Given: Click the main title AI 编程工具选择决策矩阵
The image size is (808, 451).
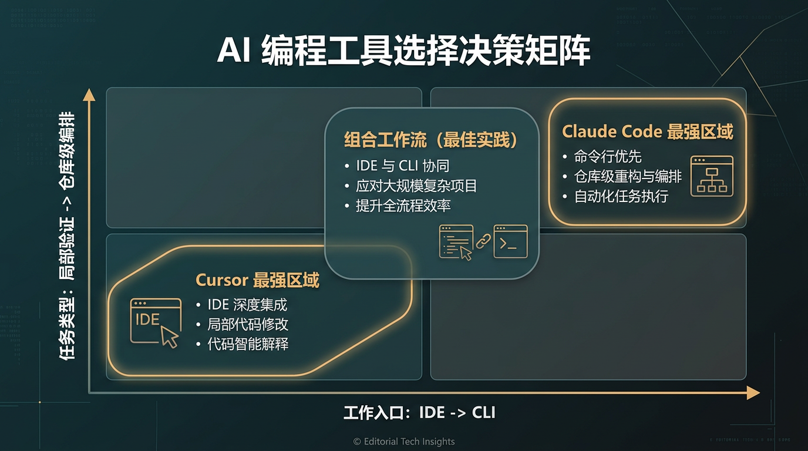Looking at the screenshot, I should click(403, 52).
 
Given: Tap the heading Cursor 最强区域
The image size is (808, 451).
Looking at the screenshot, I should click(257, 280).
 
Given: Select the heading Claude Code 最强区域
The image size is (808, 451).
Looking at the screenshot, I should click(647, 132).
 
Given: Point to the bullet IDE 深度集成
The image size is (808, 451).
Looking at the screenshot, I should click(247, 305).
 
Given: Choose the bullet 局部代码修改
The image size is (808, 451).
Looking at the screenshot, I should click(248, 324).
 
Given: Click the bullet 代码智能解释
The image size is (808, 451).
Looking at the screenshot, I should click(248, 344).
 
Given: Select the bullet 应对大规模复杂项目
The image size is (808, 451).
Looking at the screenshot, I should click(416, 186).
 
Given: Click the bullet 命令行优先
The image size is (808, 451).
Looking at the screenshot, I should click(608, 157).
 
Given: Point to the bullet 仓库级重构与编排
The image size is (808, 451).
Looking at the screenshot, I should click(628, 176).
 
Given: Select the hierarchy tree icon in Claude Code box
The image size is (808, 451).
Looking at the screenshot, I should click(712, 176).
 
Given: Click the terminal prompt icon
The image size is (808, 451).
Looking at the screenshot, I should click(510, 241).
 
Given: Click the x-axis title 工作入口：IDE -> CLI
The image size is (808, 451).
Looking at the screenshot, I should click(419, 412).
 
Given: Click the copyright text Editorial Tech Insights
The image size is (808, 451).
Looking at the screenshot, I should click(404, 442).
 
